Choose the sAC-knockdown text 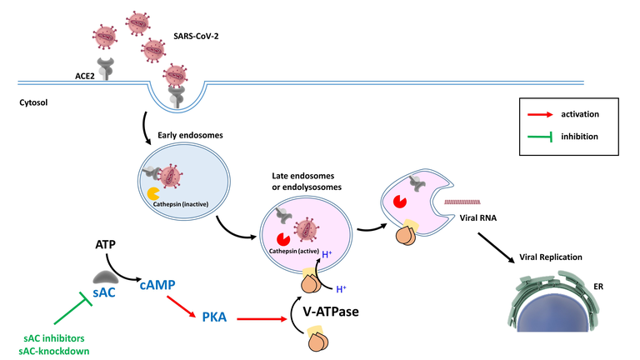pyautogui.click(x=57, y=351)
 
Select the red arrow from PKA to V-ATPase pyautogui.click(x=260, y=317)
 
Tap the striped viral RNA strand pyautogui.click(x=465, y=202)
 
